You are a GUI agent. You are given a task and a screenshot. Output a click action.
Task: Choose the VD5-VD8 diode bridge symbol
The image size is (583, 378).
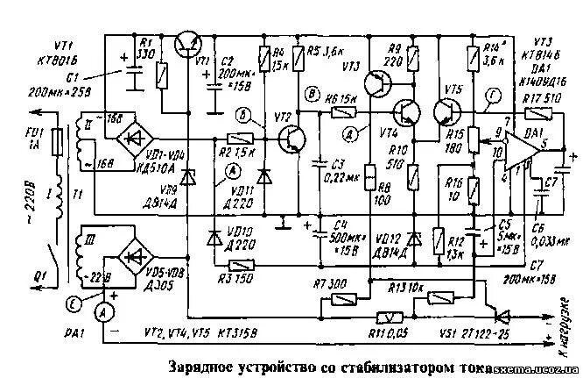click(137, 254)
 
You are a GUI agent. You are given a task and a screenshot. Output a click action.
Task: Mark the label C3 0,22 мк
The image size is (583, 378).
click(333, 169)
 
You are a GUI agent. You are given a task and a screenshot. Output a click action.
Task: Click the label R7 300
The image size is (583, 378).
click(329, 284)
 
